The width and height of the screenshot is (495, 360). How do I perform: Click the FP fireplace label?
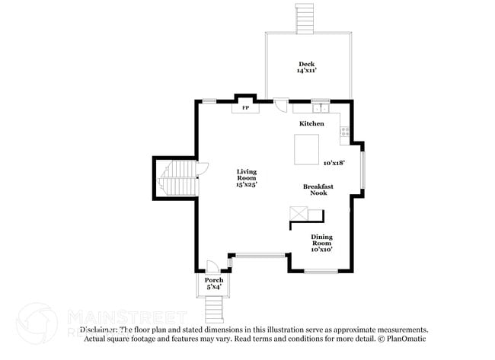point(245,108)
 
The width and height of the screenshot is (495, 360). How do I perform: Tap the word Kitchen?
point(311,123)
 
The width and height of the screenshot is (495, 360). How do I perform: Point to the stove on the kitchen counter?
point(345,135)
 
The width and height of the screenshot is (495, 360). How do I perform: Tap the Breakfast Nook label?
point(318,190)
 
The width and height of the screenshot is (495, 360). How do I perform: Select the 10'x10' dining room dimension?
point(321,250)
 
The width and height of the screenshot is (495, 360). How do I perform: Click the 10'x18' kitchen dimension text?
point(334,163)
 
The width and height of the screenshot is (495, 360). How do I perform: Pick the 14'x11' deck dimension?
point(306,71)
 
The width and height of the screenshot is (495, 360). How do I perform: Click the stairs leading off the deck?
point(305,17)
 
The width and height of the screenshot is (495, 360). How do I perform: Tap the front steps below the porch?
point(215,309)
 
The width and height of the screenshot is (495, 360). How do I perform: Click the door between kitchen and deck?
point(281,105)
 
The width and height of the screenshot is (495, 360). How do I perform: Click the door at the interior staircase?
point(201,170)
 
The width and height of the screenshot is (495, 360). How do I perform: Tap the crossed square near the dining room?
point(296,214)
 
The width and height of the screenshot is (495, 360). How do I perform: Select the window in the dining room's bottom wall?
point(321,271)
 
